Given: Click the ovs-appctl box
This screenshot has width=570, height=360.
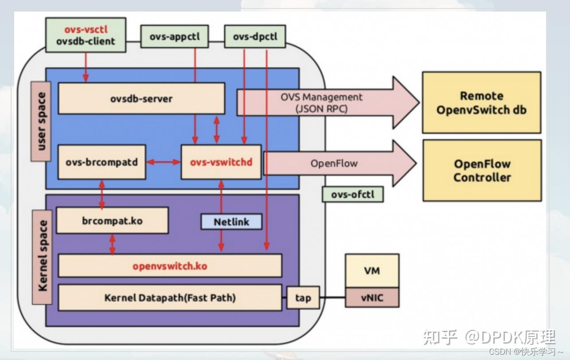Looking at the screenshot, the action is (x=175, y=36).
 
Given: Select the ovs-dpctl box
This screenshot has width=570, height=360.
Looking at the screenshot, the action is (x=255, y=36).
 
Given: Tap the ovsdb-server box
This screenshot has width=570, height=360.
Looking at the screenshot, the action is (x=141, y=98).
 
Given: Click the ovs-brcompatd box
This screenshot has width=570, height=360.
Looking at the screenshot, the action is (x=102, y=162).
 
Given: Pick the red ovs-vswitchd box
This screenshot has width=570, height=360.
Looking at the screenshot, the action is (x=221, y=162).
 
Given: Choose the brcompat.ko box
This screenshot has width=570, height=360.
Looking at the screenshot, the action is (x=112, y=220).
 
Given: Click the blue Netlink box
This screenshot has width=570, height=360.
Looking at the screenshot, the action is (x=231, y=222).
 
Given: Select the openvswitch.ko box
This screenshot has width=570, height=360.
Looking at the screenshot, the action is (x=170, y=266).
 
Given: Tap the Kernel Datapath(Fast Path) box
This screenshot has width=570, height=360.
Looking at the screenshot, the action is (x=170, y=297).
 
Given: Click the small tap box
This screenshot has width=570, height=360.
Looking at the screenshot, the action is (x=303, y=297).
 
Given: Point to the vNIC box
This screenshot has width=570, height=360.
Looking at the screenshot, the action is (x=372, y=297).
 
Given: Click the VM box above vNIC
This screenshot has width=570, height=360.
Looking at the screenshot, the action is (x=372, y=270).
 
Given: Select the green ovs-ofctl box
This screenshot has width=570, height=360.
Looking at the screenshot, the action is (x=353, y=195).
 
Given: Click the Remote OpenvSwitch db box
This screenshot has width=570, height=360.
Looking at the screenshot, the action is (x=482, y=102).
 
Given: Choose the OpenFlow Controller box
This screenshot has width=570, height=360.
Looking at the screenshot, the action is (x=482, y=171).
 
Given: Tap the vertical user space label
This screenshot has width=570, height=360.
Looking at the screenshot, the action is (x=41, y=121).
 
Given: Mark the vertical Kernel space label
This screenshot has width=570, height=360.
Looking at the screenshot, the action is (x=42, y=257).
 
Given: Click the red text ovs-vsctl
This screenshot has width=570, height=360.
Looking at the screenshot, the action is (x=86, y=30).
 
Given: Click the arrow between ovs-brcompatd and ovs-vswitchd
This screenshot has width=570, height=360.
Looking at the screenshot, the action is (x=164, y=162).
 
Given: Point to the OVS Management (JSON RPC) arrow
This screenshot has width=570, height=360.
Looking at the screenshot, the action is (x=328, y=103).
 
